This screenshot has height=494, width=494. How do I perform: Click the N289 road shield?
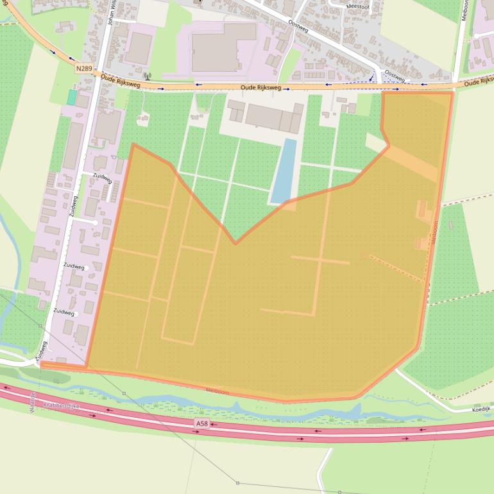[83, 68]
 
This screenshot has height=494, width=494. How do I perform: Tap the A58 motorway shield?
[202, 424]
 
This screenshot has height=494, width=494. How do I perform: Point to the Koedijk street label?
[481, 409]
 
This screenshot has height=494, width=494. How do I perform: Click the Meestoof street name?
[358, 6]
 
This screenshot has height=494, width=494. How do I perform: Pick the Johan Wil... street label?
[110, 13]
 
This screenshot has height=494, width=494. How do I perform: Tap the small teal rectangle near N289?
[72, 98]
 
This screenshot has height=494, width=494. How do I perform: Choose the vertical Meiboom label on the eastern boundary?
[434, 232]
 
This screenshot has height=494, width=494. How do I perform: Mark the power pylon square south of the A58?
[237, 482]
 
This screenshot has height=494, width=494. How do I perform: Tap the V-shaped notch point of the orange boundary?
[235, 244]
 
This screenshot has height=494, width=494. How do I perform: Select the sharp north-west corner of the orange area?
[133, 145]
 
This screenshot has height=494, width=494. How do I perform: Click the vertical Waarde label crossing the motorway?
[32, 402]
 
